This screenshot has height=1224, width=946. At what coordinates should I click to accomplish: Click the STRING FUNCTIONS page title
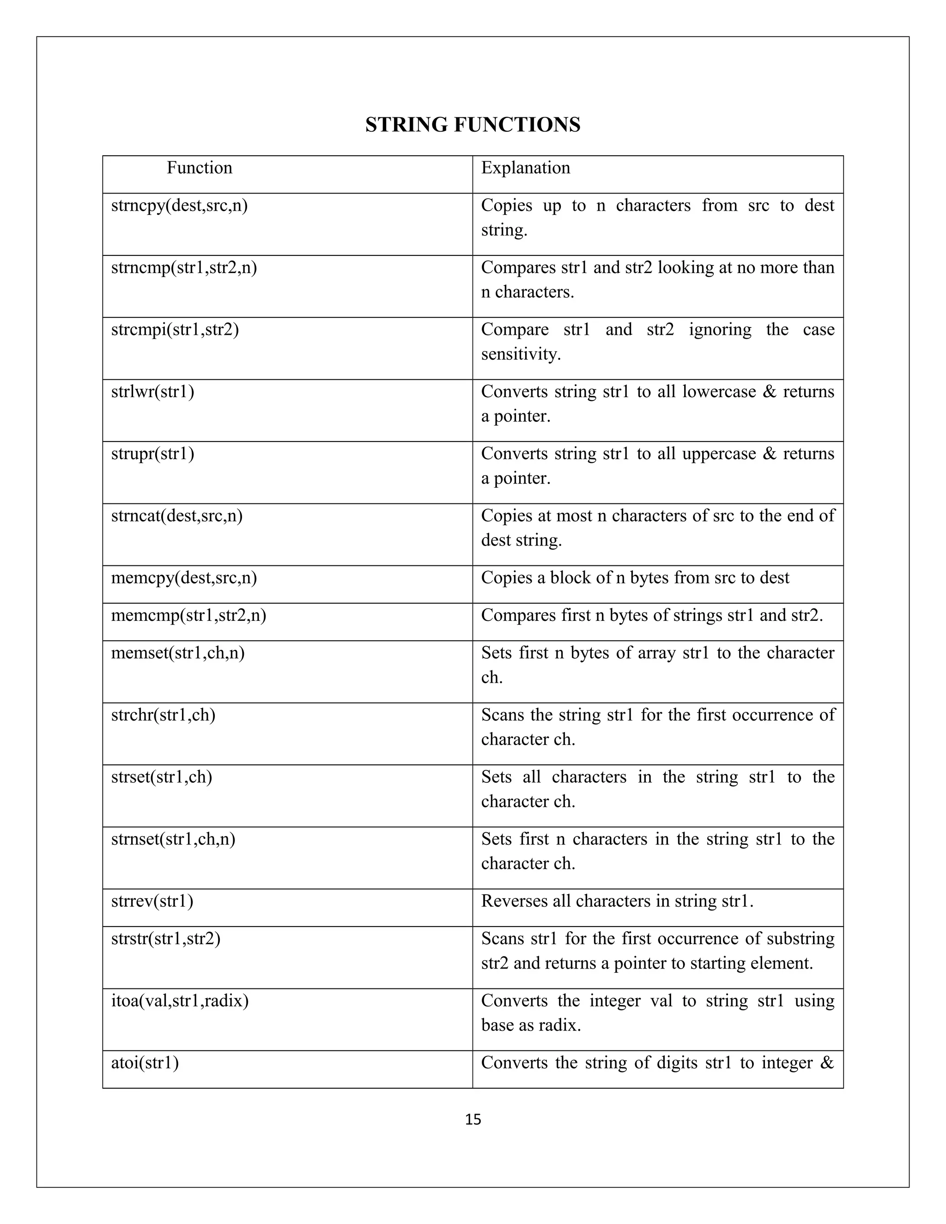[x=473, y=124]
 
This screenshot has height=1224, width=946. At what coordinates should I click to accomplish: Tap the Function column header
[x=199, y=168]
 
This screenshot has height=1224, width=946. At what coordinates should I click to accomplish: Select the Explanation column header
[x=525, y=168]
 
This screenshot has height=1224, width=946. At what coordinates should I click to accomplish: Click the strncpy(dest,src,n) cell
[x=179, y=206]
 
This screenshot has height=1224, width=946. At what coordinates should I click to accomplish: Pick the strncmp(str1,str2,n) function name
[x=184, y=268]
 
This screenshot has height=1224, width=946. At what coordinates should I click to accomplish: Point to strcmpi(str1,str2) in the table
[x=175, y=329]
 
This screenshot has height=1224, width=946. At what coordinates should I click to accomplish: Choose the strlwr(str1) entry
[x=152, y=392]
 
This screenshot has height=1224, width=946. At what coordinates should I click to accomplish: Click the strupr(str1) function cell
[x=152, y=454]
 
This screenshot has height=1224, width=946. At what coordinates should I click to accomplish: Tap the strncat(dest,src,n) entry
[x=176, y=515]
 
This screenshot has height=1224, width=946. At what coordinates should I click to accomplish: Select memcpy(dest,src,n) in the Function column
[x=184, y=578]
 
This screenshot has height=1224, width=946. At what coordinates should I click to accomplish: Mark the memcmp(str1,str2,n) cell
[x=188, y=615]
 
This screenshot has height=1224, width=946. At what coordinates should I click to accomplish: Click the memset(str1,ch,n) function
[x=178, y=653]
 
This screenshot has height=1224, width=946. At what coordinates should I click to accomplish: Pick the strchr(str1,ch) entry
[x=163, y=715]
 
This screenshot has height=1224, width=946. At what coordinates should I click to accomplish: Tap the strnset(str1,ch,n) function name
[x=173, y=839]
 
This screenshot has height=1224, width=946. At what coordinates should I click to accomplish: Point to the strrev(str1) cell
[x=152, y=901]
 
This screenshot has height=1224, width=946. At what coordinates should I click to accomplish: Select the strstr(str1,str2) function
[x=165, y=939]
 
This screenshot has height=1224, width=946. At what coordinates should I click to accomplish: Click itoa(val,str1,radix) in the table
[x=179, y=1001]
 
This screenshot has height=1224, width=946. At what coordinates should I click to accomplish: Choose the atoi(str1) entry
[x=145, y=1063]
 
